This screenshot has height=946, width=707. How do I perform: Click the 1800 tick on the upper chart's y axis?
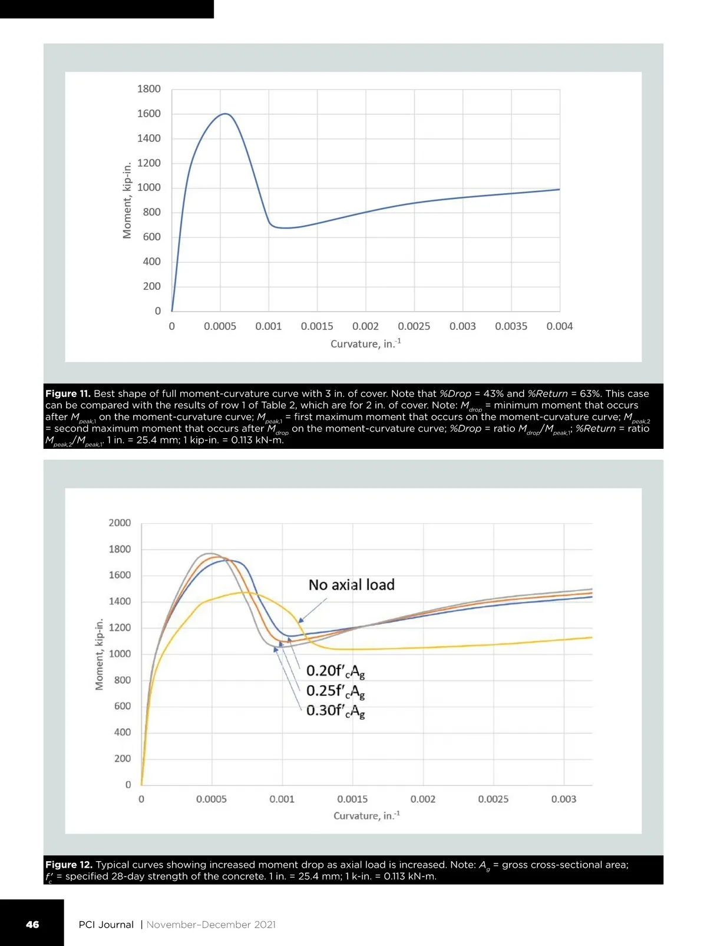148,89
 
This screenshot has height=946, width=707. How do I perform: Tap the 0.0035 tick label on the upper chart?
511,326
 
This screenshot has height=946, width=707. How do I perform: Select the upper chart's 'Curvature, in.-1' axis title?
365,343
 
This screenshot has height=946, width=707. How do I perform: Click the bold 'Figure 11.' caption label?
68,393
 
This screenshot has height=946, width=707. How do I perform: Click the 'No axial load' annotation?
351,585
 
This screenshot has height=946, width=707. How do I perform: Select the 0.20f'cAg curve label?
335,671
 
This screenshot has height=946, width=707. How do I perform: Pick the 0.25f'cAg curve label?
335,691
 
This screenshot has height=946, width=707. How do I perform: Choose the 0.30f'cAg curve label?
335,711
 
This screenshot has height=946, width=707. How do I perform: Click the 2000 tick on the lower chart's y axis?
120,523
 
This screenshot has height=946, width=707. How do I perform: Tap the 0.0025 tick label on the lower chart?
493,799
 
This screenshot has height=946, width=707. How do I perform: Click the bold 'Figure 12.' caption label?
68,865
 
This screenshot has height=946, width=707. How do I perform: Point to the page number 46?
32,925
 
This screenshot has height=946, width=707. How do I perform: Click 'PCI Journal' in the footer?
106,925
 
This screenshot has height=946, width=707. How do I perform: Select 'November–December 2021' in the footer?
211,925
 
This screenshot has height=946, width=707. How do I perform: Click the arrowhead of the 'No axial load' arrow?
300,621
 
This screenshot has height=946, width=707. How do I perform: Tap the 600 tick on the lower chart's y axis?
123,706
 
